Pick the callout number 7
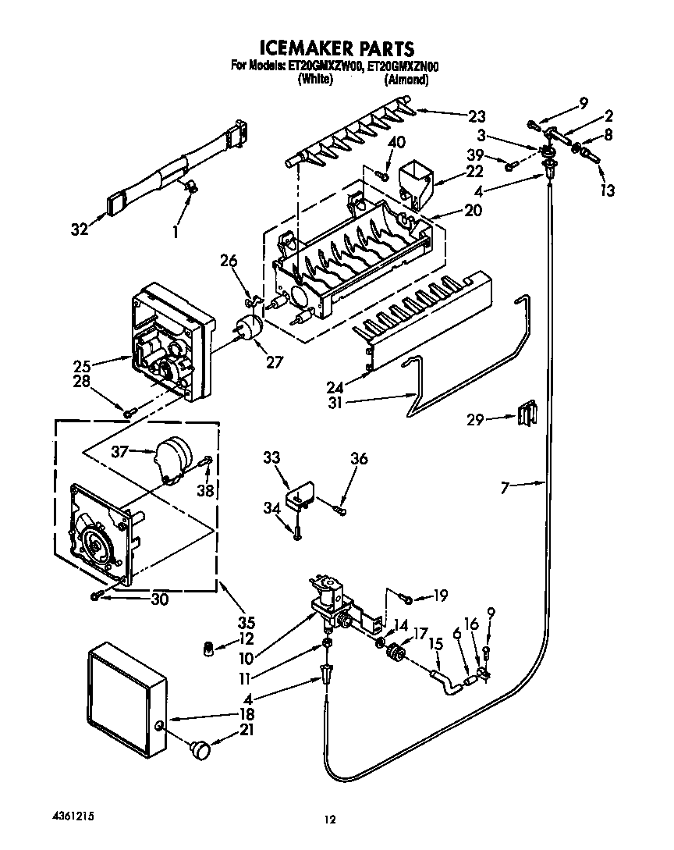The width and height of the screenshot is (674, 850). (505, 488)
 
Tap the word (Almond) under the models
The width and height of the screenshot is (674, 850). (406, 80)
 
